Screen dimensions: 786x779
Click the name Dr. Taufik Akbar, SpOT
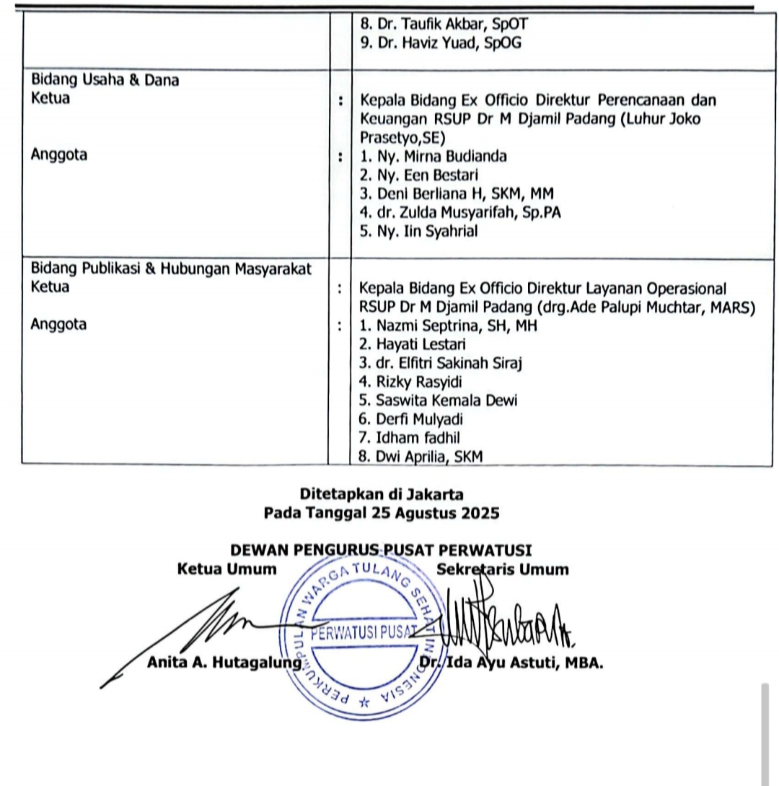coord(439,23)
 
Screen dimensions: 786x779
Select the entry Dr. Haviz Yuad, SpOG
coord(440,43)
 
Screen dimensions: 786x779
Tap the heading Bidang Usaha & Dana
coord(105,81)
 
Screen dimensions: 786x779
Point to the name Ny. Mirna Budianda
coord(433,156)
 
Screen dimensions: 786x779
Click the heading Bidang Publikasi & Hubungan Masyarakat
coord(171,269)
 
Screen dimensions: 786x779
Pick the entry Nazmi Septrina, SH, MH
coord(448,326)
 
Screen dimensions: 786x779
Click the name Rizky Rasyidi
coord(410,382)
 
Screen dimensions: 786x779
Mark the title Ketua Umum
coord(226,569)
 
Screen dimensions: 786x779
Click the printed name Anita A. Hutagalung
coord(224,663)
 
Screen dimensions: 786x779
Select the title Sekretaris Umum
coord(502,569)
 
